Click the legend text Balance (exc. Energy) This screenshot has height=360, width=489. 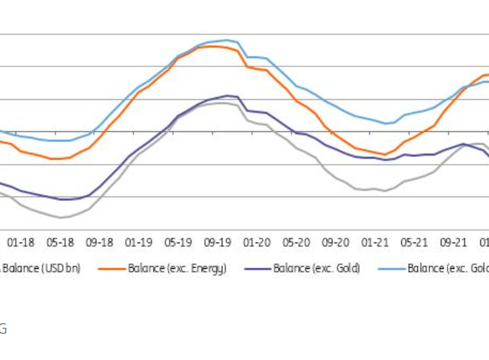(x=178, y=269)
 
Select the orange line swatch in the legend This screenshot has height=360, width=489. (x=112, y=269)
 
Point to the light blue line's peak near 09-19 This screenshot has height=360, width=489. (x=226, y=40)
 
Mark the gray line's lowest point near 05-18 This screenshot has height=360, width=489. (x=61, y=218)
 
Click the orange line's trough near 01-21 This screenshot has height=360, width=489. (x=385, y=155)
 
